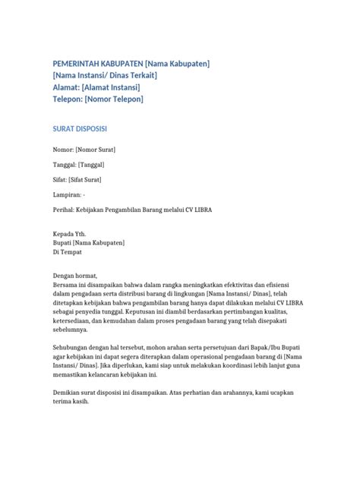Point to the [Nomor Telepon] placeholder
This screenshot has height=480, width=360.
click(114, 99)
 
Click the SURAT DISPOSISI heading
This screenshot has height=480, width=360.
click(84, 129)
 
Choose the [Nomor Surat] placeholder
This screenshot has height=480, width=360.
click(96, 150)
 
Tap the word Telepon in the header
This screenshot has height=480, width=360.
click(70, 99)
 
